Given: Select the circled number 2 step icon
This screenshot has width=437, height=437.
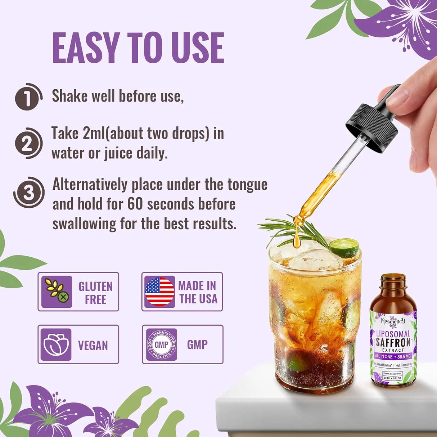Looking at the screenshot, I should coord(28,143).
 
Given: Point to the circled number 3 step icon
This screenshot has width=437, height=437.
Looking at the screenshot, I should coord(29,193).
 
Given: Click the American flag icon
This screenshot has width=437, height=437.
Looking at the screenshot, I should coord(159,292).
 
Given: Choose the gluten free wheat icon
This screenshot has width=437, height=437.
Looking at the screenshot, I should coord(57,292).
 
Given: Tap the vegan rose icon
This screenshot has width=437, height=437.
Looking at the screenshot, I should coord(56,344).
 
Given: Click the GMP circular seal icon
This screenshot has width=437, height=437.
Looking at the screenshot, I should coord(161,344).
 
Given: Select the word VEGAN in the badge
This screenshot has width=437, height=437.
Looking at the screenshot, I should coord(93,346).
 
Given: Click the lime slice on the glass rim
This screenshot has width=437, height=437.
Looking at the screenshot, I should coord(344,248).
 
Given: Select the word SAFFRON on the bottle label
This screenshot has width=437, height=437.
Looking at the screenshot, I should coord(393,342).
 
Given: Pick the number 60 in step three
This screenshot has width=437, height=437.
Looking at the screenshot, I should coord(135,204).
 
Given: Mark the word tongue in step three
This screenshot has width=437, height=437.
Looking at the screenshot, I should coord(247,185).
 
